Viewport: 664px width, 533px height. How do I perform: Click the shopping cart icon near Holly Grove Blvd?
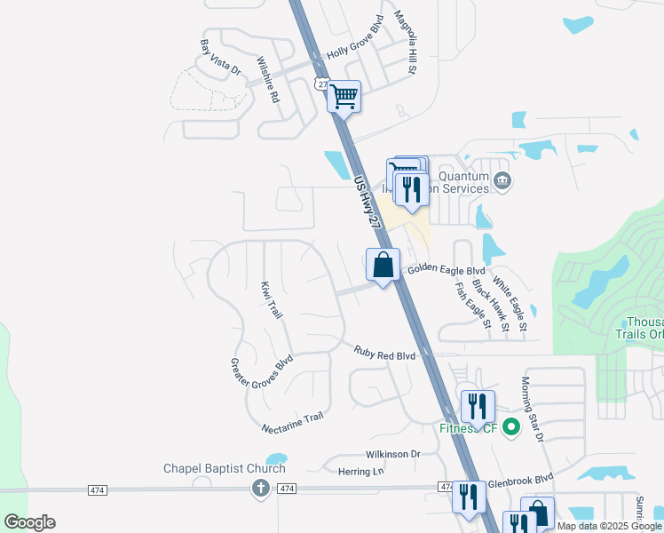click(x=344, y=95)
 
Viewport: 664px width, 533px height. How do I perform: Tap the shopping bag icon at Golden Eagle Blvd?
click(x=383, y=265)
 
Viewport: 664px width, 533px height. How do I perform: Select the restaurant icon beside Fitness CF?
click(x=478, y=406)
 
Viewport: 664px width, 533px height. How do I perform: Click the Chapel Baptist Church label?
click(x=225, y=468)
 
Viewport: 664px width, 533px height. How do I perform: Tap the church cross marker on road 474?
click(x=261, y=488)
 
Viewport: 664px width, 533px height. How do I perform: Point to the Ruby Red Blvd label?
click(x=384, y=355)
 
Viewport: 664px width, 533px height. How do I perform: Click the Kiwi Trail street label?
click(x=272, y=300)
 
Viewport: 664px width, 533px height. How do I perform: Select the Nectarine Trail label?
click(x=293, y=423)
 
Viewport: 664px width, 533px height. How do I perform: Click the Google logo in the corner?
click(x=30, y=522)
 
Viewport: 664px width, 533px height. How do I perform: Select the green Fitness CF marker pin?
click(x=510, y=427)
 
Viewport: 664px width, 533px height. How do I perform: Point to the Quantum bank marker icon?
click(x=502, y=181)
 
